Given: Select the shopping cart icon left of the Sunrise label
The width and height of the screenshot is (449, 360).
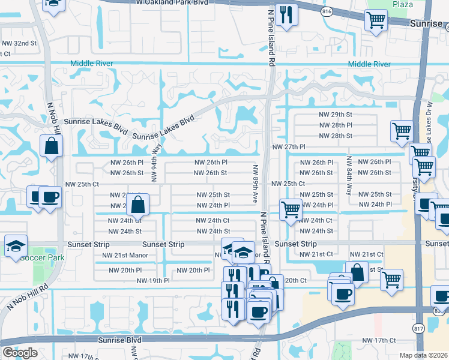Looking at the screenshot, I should pyautogui.click(x=376, y=21).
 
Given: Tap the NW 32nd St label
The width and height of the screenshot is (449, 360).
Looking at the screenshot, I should pyautogui.click(x=19, y=44).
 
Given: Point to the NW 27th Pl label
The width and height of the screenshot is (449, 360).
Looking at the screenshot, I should pyautogui.click(x=289, y=147).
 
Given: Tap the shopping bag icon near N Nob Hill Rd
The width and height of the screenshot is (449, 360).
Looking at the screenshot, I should pyautogui.click(x=52, y=145).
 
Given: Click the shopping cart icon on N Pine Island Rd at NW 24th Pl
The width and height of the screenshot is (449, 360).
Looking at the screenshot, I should pyautogui.click(x=291, y=210).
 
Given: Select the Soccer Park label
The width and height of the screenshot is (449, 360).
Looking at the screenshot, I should pyautogui.click(x=41, y=258).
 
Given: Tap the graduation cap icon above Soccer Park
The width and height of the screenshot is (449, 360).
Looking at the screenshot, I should pyautogui.click(x=16, y=245).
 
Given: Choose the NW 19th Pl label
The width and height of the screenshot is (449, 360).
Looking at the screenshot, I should pyautogui.click(x=154, y=280).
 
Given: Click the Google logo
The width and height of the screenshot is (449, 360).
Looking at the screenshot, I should pyautogui.click(x=20, y=352).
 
